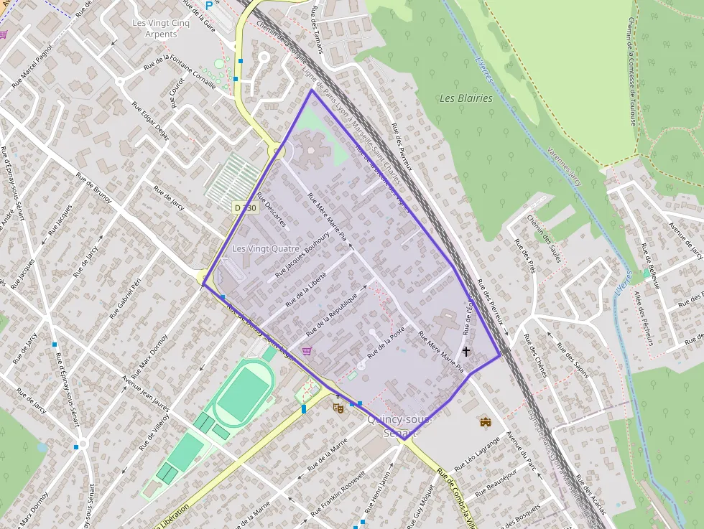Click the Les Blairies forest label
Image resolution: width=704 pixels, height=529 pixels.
coord(466,98)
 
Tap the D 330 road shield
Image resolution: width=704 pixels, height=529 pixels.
coord(245,207)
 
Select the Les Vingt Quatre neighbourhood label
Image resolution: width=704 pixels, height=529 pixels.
coord(266,248)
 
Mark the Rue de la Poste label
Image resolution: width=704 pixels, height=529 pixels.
coord(386,344)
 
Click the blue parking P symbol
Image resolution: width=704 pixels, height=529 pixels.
coord(209,5)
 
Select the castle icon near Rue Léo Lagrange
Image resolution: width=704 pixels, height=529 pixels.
coord(486,421)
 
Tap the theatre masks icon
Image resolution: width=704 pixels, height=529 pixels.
coord(338,408)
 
